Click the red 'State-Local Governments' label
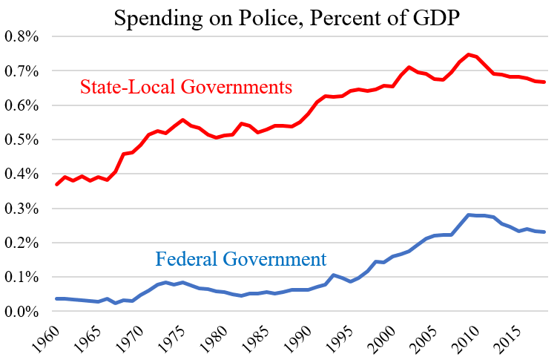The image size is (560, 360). point(185,88)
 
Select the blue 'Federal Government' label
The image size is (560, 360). point(241,259)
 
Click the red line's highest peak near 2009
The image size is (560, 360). point(469,54)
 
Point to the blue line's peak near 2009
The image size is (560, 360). point(469,215)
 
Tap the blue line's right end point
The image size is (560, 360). point(545,232)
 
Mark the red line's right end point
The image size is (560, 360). point(545,82)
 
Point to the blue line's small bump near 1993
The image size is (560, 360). point(334,275)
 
